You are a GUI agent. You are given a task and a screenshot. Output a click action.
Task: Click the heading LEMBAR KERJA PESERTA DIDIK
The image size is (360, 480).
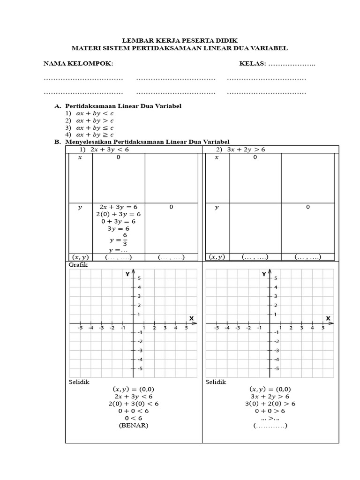(x=180, y=40)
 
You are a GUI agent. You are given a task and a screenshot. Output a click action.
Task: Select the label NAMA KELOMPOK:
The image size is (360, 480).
(x=78, y=63)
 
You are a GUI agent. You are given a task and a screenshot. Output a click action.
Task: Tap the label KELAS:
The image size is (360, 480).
(x=253, y=63)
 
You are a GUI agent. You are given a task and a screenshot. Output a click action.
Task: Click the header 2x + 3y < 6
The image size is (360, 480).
(x=110, y=149)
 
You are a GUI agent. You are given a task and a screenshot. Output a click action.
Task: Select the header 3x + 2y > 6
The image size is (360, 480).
(x=247, y=149)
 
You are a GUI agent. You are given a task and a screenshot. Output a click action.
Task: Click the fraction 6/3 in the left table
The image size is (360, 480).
(x=125, y=239)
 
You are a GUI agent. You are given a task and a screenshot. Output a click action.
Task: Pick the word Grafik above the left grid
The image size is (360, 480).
(x=78, y=265)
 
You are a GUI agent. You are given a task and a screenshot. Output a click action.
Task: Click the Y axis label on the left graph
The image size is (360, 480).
(x=127, y=274)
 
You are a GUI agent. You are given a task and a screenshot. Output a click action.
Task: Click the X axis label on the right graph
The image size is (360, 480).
(x=328, y=318)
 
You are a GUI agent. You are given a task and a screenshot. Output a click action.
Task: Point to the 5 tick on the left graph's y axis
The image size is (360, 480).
(x=138, y=278)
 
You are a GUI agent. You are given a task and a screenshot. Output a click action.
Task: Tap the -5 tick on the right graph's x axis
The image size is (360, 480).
(x=216, y=328)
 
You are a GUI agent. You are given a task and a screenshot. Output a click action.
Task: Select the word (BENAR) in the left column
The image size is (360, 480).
(x=134, y=426)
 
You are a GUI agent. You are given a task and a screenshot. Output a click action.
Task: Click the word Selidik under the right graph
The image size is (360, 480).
(x=216, y=382)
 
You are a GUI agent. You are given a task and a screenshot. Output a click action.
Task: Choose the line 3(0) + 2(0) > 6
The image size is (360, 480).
(x=270, y=404)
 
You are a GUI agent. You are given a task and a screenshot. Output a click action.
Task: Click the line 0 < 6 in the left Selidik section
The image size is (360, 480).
(x=134, y=418)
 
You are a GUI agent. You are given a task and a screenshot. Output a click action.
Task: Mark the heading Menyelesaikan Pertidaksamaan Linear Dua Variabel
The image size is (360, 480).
(x=147, y=142)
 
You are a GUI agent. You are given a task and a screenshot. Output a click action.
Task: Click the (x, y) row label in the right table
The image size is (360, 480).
(x=217, y=257)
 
